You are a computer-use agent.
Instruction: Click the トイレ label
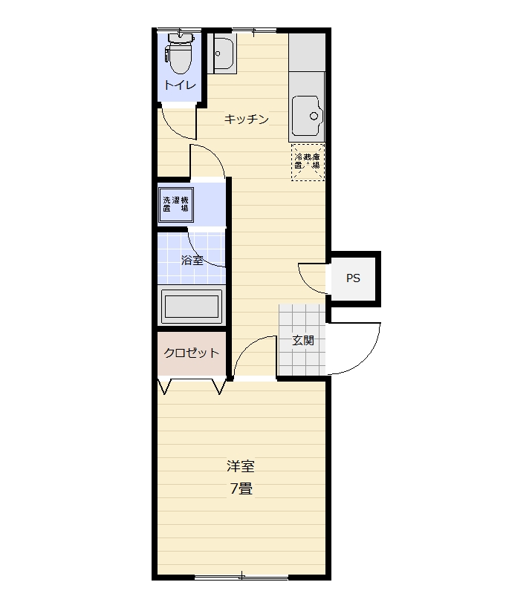click(x=180, y=85)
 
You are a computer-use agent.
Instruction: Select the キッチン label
click(x=246, y=119)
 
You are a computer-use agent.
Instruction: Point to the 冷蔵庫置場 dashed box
click(x=307, y=161)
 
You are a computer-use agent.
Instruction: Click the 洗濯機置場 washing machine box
click(x=176, y=205)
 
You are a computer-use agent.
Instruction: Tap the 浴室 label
click(x=192, y=260)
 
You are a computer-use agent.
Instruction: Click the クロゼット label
click(x=191, y=353)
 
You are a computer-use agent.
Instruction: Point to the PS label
click(x=354, y=278)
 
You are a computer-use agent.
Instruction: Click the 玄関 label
click(x=302, y=341)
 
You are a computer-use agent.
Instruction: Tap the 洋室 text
click(x=241, y=466)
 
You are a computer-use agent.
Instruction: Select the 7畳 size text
click(x=241, y=489)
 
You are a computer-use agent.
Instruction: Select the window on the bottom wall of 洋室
click(x=241, y=577)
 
